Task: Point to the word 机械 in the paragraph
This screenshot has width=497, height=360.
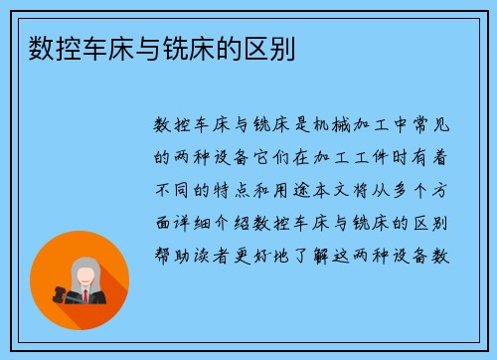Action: (313, 124)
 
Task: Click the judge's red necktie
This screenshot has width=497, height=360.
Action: (86, 296)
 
